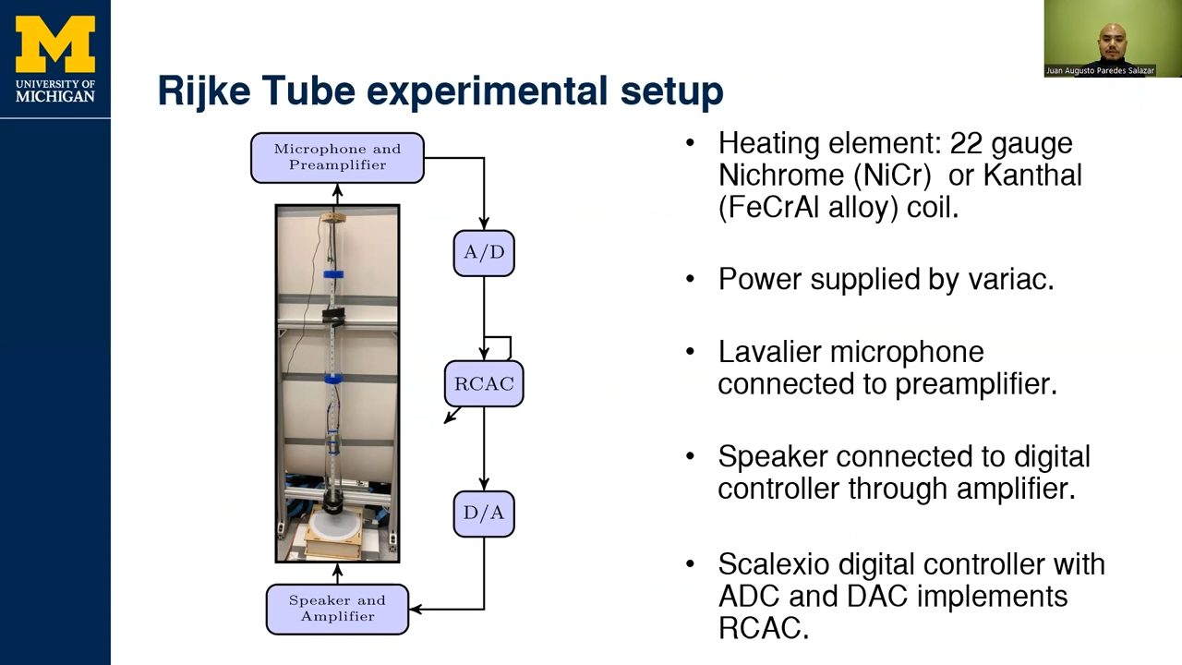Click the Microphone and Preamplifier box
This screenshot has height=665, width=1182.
coord(337,157)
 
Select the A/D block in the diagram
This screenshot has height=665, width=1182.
coord(484,253)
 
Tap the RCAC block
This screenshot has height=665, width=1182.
coord(484,383)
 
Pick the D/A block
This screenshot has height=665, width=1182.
coord(484,514)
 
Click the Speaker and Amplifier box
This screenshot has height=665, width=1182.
coord(337,609)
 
